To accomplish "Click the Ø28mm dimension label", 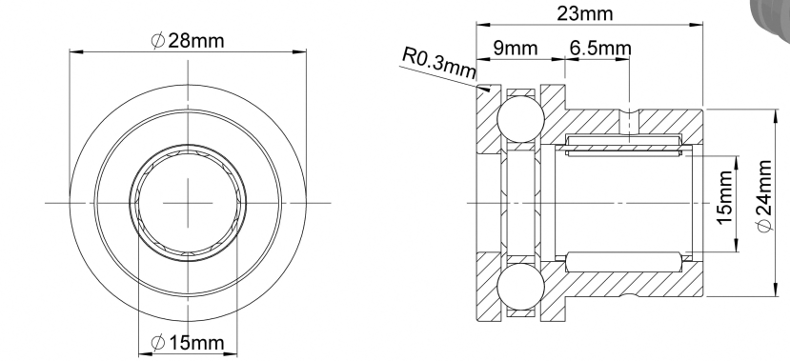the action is [188, 40].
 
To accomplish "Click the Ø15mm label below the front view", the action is [188, 343].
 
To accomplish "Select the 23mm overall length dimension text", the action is [585, 13].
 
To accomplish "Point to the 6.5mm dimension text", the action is [600, 48].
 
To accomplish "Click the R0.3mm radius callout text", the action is [438, 63].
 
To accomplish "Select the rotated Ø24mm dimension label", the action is [764, 196].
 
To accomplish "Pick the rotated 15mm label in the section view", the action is [724, 198].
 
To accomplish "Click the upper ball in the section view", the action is [520, 119].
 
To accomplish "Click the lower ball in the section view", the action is [520, 287].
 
